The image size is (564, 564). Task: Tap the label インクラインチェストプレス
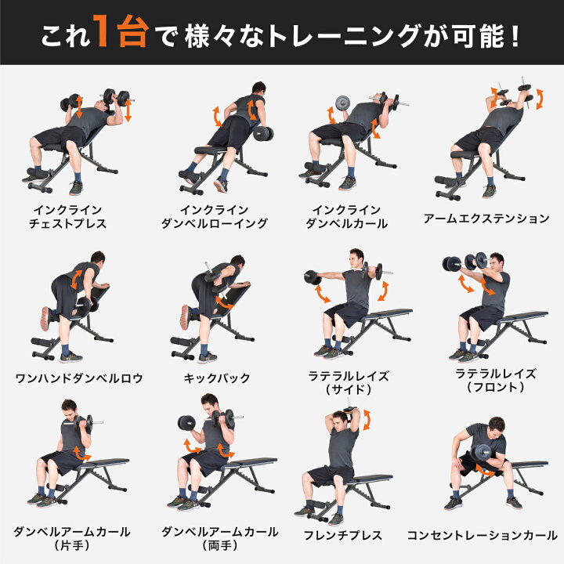pyautogui.click(x=70, y=217)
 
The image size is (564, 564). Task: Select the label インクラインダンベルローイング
pyautogui.click(x=213, y=217)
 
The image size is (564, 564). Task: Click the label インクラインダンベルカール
pyautogui.click(x=349, y=217)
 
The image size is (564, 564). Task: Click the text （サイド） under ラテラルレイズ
pyautogui.click(x=349, y=389)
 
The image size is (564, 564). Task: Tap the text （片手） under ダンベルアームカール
pyautogui.click(x=70, y=544)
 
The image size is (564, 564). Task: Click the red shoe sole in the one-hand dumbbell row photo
pyautogui.click(x=44, y=317)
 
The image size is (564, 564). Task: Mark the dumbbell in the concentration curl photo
pyautogui.click(x=481, y=453)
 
